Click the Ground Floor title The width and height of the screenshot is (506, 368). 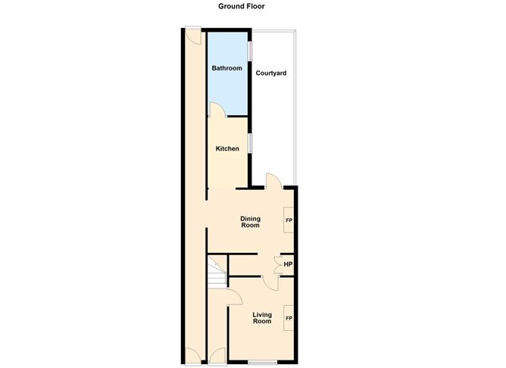tap(242, 7)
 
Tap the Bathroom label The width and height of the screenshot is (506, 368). tap(226, 68)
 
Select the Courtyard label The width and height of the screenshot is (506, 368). tap(270, 73)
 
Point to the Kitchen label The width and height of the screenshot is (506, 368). tap(227, 148)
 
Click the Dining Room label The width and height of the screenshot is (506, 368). tap(250, 222)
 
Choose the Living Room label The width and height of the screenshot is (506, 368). tap(261, 318)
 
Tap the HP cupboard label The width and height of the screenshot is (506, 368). tap(289, 264)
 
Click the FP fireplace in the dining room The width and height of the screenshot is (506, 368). tap(289, 220)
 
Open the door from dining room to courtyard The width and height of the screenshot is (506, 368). tap(273, 180)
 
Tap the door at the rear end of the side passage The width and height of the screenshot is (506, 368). tap(192, 35)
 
